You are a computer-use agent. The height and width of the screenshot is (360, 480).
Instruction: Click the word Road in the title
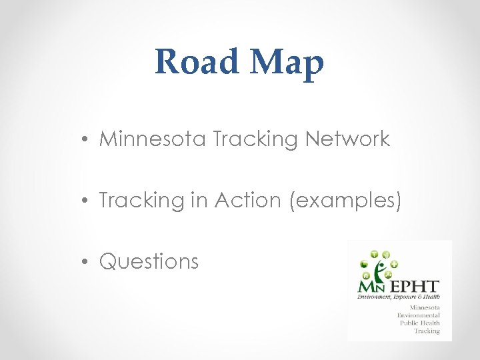[197, 63]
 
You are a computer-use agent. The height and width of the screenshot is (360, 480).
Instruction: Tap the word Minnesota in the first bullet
[153, 139]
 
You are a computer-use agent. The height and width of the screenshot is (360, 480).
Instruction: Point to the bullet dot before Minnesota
[87, 139]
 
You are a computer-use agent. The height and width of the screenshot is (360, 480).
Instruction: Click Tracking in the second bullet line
[141, 201]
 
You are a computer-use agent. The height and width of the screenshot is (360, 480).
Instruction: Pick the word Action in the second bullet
[248, 200]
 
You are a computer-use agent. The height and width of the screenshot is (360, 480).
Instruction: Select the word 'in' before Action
[199, 200]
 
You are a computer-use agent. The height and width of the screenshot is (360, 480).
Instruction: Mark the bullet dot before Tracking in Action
[87, 201]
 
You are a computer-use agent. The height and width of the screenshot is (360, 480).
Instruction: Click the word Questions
[149, 262]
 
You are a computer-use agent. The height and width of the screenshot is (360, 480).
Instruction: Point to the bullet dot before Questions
[87, 262]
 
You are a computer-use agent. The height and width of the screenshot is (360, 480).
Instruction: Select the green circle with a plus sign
[394, 265]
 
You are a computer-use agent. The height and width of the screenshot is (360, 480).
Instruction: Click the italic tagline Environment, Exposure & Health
[398, 297]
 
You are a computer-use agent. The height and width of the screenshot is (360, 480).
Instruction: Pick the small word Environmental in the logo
[418, 315]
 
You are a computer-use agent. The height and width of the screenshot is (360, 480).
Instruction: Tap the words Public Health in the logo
[420, 323]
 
